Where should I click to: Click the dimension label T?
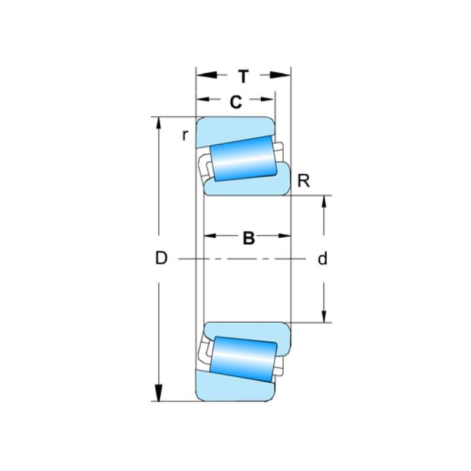[243, 76]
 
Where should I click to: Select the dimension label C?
[235, 102]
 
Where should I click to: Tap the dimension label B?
[248, 238]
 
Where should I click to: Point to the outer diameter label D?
[161, 258]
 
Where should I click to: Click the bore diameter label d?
[322, 258]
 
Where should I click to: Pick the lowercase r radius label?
[185, 135]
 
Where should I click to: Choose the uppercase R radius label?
[303, 181]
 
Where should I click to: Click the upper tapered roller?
[243, 160]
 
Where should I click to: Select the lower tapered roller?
[243, 357]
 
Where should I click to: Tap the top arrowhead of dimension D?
[158, 124]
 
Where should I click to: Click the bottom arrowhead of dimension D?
[158, 393]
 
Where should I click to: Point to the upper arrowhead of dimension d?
[323, 202]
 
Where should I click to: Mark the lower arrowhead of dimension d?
[323, 316]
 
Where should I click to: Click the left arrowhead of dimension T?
[204, 75]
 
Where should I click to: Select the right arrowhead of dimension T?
[283, 75]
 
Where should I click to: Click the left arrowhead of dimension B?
[211, 235]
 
